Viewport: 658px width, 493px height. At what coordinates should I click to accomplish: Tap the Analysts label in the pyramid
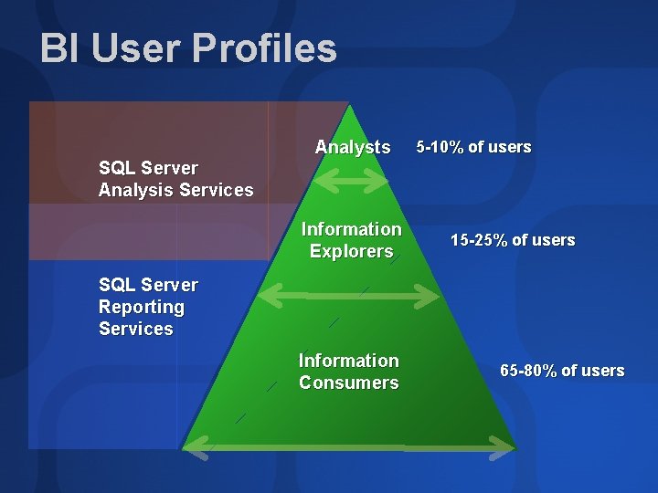[x=353, y=147]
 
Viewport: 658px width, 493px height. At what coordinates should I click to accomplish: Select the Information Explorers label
[x=351, y=240]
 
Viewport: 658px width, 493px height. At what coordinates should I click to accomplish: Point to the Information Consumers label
[x=349, y=372]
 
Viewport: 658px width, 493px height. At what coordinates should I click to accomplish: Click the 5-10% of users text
[x=473, y=147]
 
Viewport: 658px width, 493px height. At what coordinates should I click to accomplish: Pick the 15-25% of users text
[x=513, y=240]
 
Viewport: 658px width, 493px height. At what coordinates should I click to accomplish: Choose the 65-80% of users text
[x=562, y=371]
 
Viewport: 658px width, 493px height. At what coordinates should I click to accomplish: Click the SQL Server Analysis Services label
[x=175, y=179]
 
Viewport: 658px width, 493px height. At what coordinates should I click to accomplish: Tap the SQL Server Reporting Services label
[x=148, y=307]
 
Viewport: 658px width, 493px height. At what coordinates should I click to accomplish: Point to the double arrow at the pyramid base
[x=349, y=446]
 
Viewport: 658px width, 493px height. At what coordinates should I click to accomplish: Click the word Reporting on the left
[x=142, y=307]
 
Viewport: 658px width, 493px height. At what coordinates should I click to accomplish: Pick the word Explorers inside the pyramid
[x=351, y=251]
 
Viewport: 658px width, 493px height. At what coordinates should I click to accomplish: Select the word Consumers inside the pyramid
[x=349, y=383]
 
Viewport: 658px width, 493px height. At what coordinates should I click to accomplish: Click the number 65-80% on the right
[x=528, y=371]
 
